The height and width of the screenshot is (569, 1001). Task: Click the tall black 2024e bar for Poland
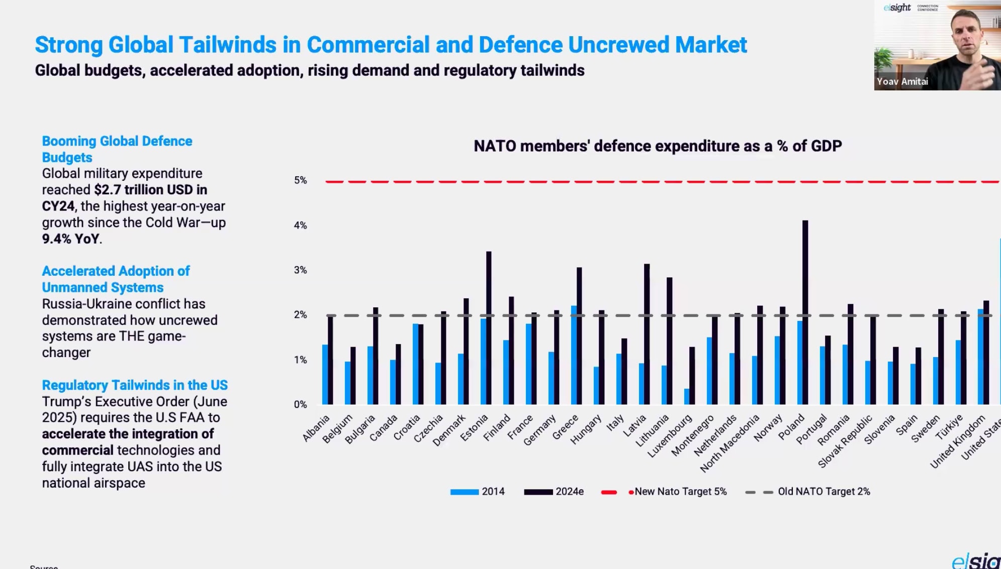point(805,311)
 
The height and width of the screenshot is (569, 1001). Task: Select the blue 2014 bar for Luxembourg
point(687,396)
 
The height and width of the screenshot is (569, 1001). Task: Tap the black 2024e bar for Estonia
point(489,326)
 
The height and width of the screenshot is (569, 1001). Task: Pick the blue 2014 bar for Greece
point(574,355)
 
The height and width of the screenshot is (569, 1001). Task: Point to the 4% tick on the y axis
point(300,225)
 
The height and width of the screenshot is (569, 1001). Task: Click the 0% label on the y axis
point(300,405)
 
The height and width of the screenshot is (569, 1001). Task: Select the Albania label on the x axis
point(316,428)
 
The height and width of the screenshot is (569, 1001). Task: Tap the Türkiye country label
point(949,427)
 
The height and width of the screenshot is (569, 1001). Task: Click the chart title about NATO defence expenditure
point(658,146)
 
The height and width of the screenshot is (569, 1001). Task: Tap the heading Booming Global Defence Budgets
point(117,149)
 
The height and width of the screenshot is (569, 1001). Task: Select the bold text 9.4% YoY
point(71,239)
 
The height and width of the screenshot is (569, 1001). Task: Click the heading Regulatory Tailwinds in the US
point(135,385)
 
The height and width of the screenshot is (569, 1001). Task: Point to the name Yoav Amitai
point(902,81)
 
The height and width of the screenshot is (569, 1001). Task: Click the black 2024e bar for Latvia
point(647,334)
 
